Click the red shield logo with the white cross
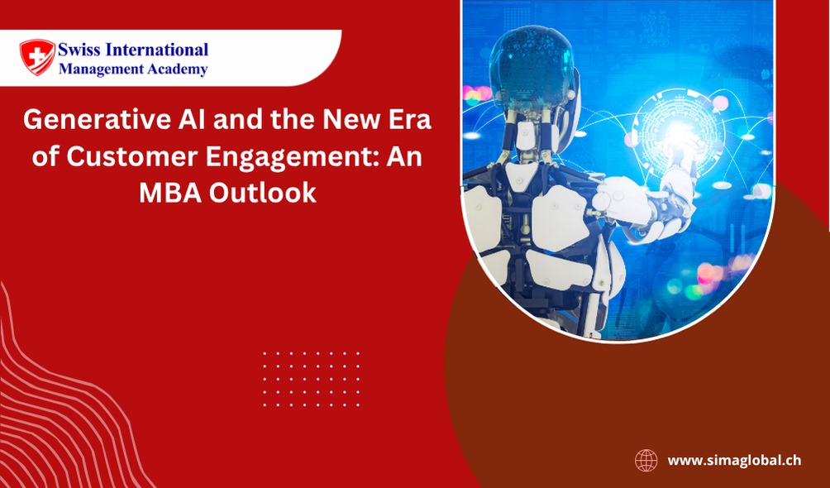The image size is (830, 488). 37,57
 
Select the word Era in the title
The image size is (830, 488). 409,121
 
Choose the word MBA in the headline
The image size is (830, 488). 169,194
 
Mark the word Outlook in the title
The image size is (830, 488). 262,194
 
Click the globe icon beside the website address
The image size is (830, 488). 646,461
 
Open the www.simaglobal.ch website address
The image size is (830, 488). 734,461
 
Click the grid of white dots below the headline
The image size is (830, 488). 311,379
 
